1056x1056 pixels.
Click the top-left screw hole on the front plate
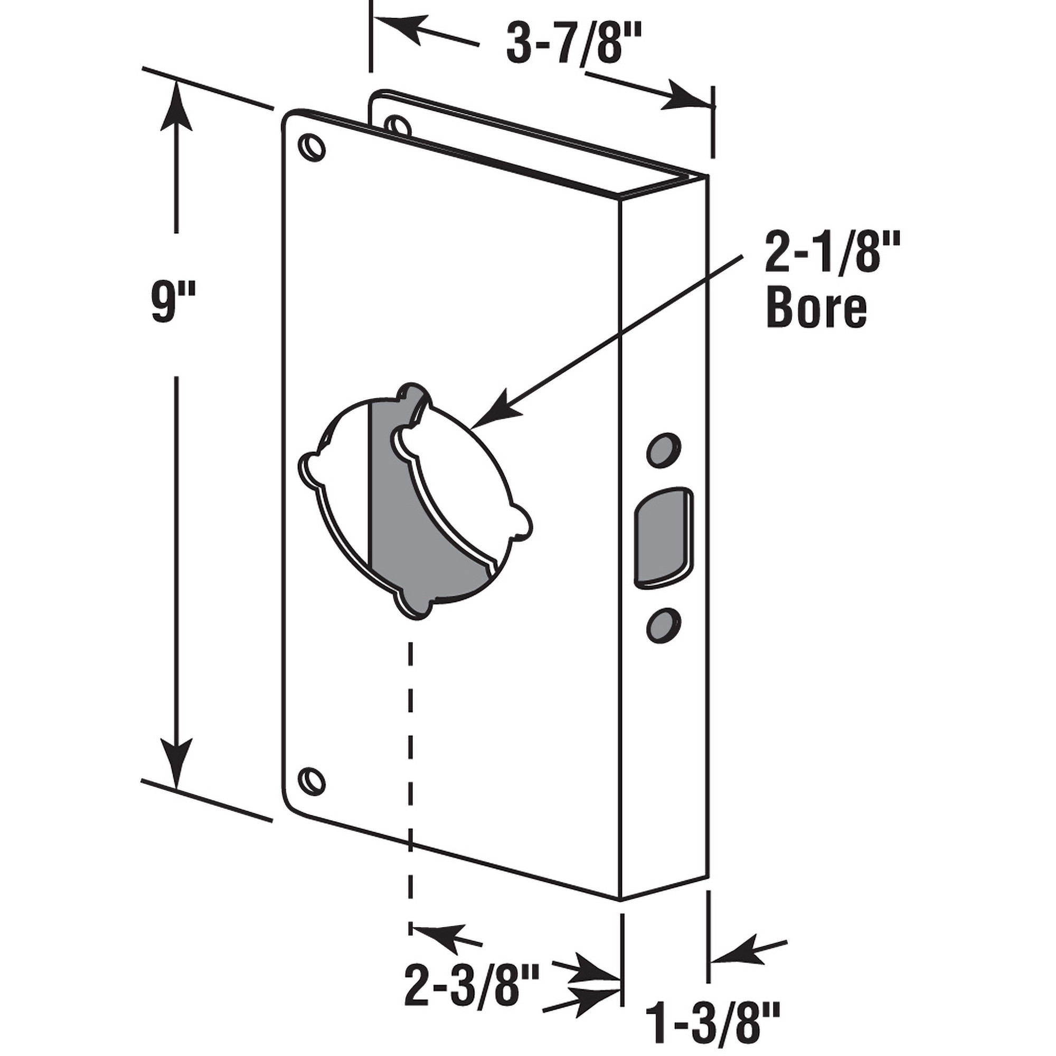[312, 146]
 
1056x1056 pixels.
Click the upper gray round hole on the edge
[664, 449]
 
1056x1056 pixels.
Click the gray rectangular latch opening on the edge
[662, 538]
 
